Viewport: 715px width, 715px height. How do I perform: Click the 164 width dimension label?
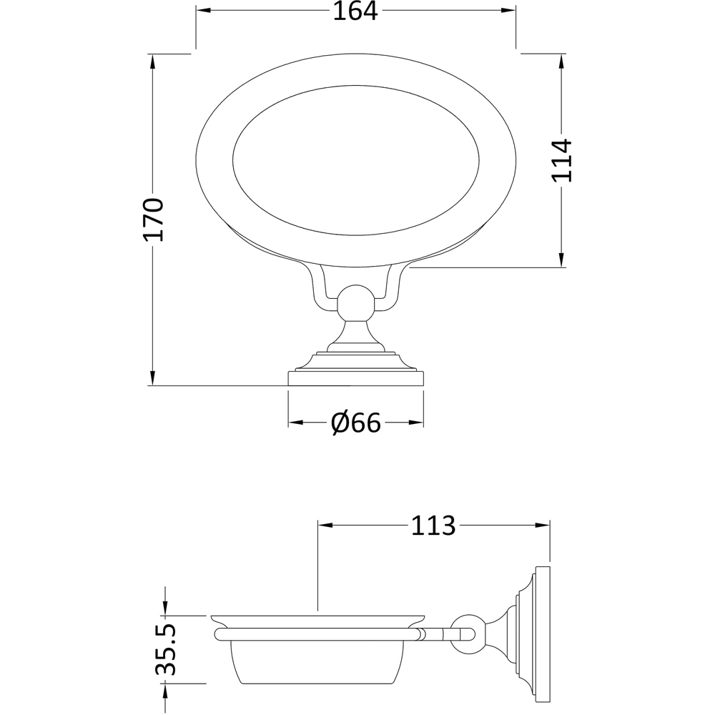pos(355,11)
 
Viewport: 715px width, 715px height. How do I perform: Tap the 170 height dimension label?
pos(153,219)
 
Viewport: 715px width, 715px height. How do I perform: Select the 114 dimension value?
pos(562,160)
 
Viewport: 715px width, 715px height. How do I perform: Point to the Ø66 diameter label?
pos(355,423)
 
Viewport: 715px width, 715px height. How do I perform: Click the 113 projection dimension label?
pos(433,526)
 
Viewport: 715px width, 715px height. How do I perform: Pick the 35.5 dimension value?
pos(165,649)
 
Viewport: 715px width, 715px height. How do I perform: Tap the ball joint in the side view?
pos(469,633)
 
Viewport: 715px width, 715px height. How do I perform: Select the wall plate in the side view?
pos(543,633)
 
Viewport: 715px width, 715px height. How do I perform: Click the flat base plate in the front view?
pos(355,378)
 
